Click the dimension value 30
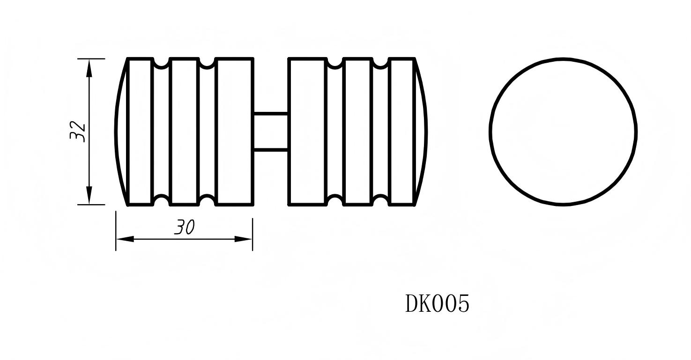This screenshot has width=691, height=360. click(x=184, y=228)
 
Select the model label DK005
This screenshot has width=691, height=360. click(x=437, y=304)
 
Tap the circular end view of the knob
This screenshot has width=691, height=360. click(x=563, y=132)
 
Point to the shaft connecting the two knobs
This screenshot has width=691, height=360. click(x=271, y=132)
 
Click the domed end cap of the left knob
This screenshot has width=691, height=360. click(x=121, y=132)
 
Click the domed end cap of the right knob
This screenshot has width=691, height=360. click(x=421, y=132)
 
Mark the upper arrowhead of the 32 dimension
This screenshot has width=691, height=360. click(x=89, y=68)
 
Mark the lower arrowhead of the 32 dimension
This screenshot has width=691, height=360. click(x=89, y=195)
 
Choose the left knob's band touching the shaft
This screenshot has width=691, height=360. click(x=235, y=132)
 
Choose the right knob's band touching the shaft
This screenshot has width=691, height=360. click(x=307, y=132)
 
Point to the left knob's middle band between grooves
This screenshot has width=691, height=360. click(x=184, y=132)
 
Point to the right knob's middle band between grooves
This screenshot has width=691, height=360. click(x=357, y=132)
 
